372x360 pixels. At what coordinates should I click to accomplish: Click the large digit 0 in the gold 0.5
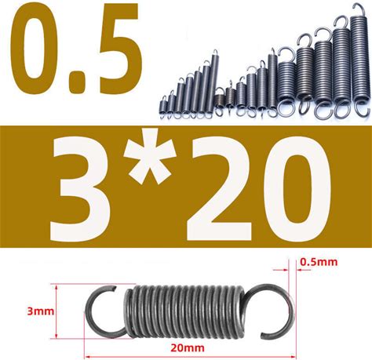(x=34, y=49)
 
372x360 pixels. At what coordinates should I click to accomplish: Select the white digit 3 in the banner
(x=81, y=191)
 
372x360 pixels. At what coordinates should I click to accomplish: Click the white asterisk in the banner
(x=150, y=157)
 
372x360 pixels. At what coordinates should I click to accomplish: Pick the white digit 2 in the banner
(x=219, y=190)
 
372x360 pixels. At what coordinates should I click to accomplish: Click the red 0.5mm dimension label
(x=319, y=262)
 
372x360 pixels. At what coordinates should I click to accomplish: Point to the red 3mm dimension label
(x=41, y=311)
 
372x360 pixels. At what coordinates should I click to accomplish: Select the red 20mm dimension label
(x=188, y=348)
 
